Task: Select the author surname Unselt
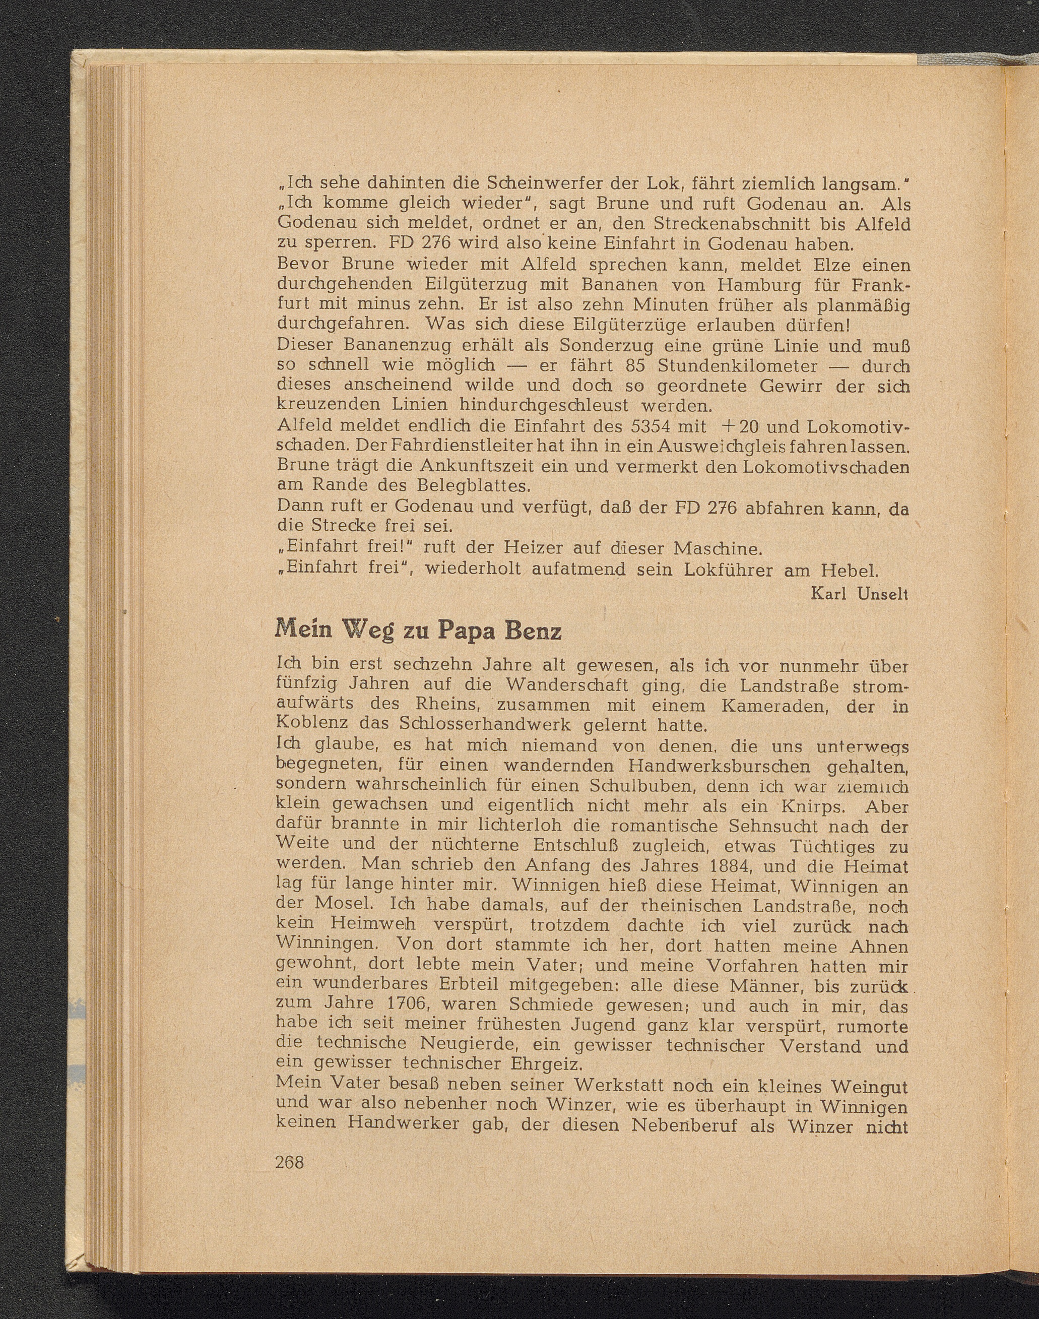pyautogui.click(x=882, y=594)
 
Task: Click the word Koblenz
pyautogui.click(x=312, y=725)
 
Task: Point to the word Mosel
pyautogui.click(x=345, y=905)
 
